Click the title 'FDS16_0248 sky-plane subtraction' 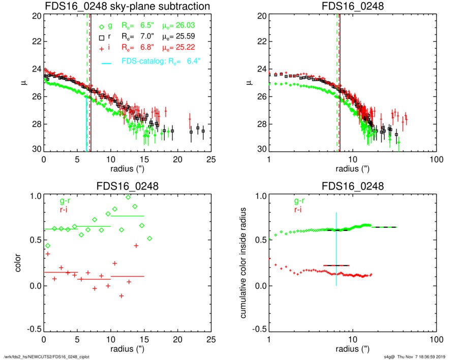tap(128, 6)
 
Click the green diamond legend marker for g tap(102, 26)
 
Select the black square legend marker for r tap(102, 38)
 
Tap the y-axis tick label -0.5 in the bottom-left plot tap(34, 330)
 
